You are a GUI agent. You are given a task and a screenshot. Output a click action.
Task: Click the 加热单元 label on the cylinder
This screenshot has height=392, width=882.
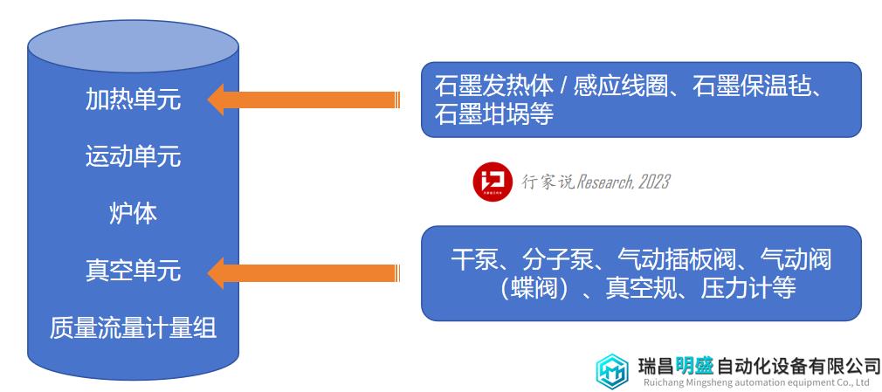(x=134, y=100)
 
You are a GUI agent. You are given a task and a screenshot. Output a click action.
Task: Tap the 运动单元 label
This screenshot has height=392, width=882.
(x=134, y=155)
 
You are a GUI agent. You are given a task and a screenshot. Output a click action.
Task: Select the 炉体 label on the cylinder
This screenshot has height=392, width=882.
(x=134, y=214)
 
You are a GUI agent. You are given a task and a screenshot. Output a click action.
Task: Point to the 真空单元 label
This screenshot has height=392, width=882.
(x=134, y=271)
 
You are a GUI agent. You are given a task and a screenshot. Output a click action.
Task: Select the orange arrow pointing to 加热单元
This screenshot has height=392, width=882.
(x=303, y=100)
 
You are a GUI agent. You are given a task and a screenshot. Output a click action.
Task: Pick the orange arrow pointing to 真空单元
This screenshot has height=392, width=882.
(x=303, y=272)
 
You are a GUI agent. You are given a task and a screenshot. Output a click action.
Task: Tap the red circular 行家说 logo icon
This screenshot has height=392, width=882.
(x=493, y=182)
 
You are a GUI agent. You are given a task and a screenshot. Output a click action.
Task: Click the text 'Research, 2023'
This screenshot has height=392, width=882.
(x=624, y=182)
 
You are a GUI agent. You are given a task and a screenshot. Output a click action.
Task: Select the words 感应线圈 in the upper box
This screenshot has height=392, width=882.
(x=620, y=87)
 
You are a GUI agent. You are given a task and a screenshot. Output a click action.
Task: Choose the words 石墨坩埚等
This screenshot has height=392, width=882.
(x=494, y=114)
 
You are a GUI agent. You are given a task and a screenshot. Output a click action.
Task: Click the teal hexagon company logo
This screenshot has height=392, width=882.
(x=612, y=371)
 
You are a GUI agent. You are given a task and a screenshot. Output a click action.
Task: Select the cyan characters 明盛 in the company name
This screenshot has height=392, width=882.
(x=694, y=367)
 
